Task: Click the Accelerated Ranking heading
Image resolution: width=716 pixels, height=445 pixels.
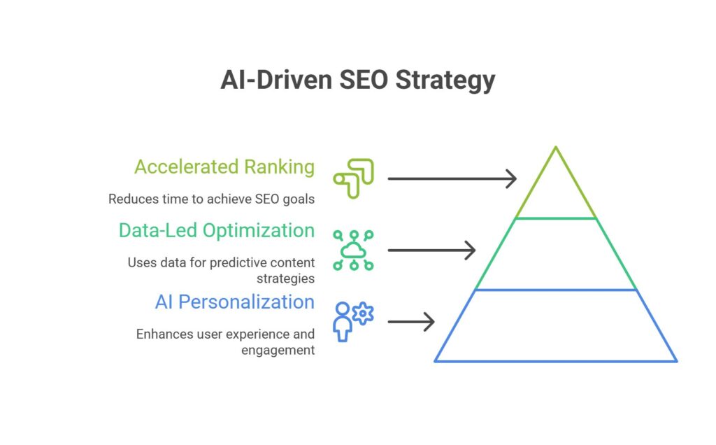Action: (x=224, y=167)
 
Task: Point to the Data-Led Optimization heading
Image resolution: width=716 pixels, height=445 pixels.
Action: (x=216, y=230)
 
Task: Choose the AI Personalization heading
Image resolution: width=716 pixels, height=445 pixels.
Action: (x=234, y=302)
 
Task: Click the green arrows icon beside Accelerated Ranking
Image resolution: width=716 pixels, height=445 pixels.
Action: (x=354, y=179)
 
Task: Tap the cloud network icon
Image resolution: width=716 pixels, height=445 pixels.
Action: (x=354, y=250)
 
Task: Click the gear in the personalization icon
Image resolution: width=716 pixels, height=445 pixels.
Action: (x=363, y=313)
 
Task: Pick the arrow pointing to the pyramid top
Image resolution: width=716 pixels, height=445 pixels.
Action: (x=452, y=179)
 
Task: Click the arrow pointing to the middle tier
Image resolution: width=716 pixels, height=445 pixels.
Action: (x=431, y=250)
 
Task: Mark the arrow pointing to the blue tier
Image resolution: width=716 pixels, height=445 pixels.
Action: (x=411, y=322)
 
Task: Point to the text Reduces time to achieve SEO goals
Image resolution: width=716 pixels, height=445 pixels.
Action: (x=211, y=199)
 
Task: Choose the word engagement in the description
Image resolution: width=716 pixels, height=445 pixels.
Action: (x=278, y=349)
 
